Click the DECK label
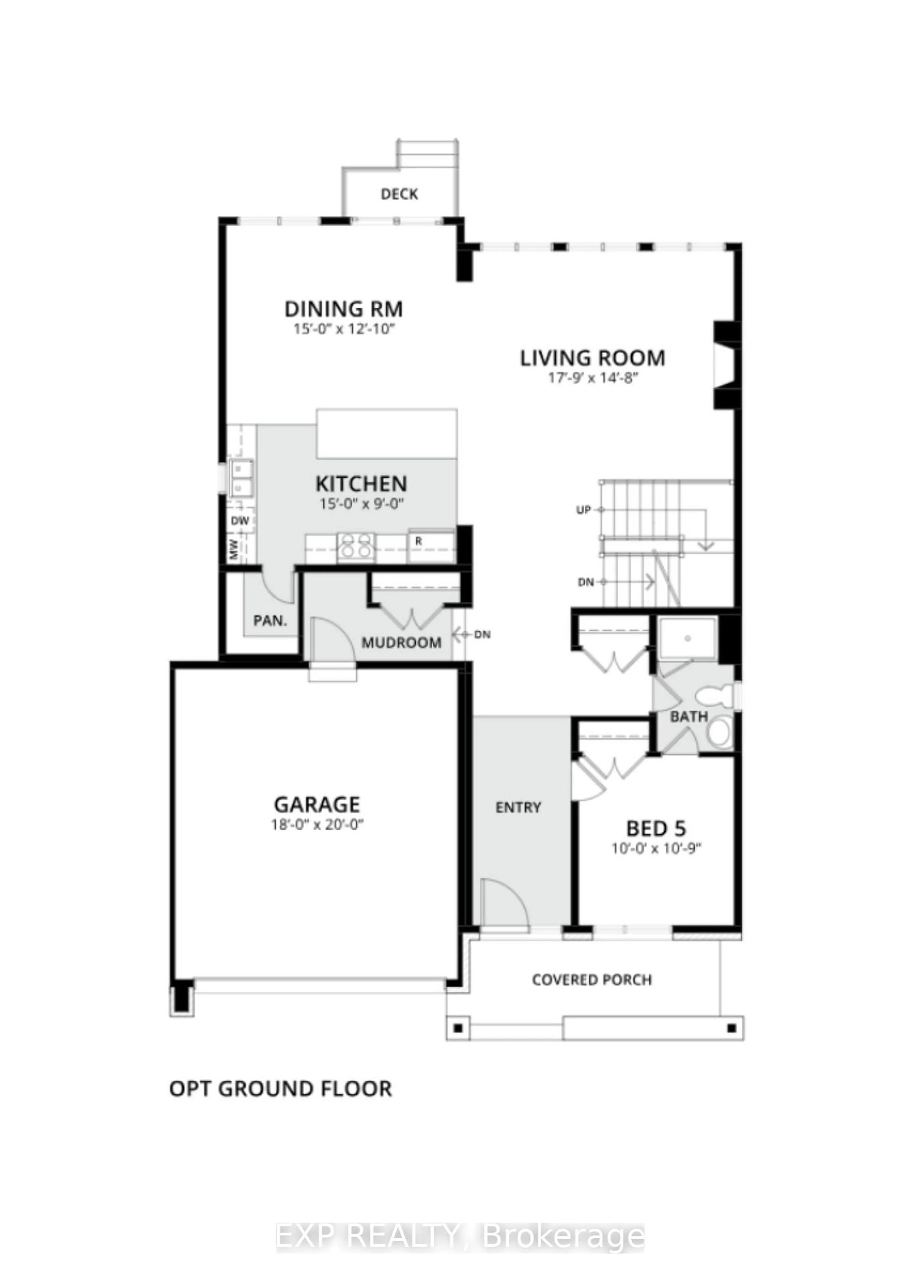point(399,194)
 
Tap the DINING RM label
point(343,309)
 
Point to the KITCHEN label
point(361,484)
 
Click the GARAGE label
point(317,805)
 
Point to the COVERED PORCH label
point(592,979)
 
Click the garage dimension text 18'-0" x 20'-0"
point(317,825)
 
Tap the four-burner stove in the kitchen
point(356,547)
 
